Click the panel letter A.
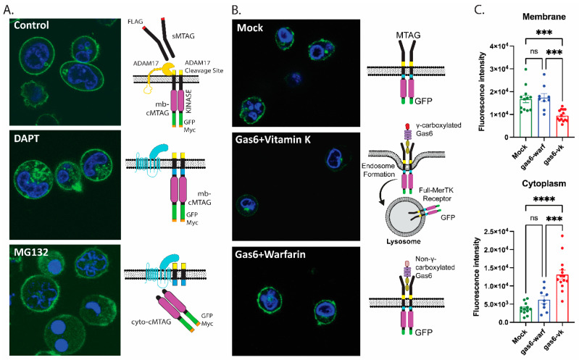tap(8, 9)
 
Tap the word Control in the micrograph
tap(31, 25)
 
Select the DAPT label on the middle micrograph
tap(27, 138)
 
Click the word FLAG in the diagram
tap(136, 22)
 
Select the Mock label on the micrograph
tap(250, 28)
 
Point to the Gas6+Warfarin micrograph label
tap(270, 255)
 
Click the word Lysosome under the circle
tap(404, 241)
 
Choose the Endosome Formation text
tap(379, 169)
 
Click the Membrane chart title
tap(544, 17)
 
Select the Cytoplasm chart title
tap(544, 183)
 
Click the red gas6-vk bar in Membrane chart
tap(562, 126)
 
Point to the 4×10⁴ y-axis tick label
tap(499, 46)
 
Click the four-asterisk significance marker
tap(544, 199)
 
